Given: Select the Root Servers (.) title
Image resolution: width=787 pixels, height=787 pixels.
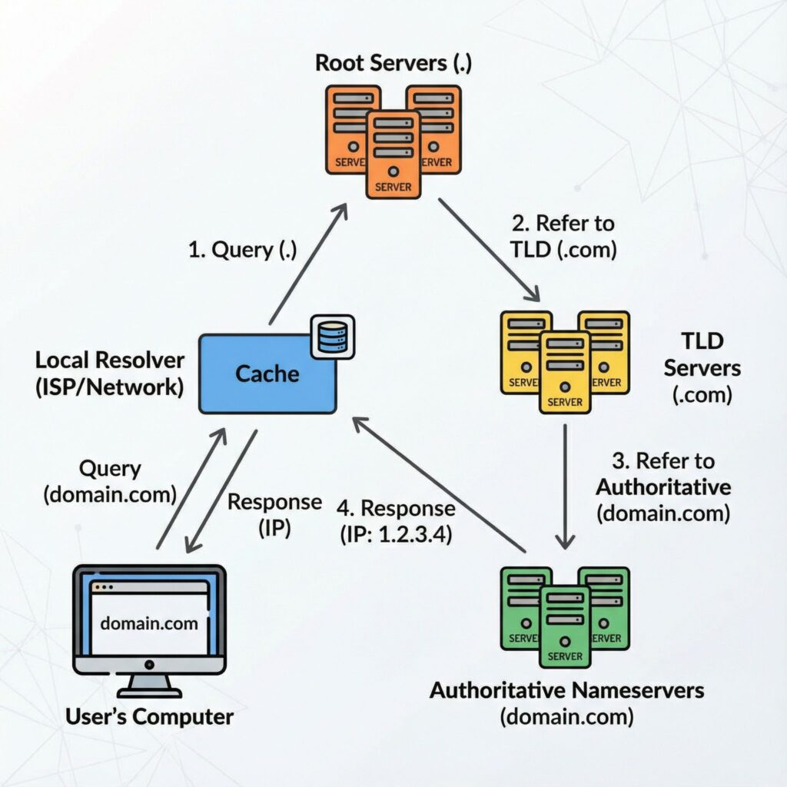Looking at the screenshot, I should (x=393, y=63).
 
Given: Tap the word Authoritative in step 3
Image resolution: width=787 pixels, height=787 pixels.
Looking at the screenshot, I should (x=663, y=487).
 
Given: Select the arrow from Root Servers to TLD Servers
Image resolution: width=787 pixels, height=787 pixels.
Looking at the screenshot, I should (x=488, y=250).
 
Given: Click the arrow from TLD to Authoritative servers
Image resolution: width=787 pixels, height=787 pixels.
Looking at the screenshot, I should (x=566, y=484).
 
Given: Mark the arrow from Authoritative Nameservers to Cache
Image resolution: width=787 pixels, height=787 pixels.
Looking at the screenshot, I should (x=438, y=484).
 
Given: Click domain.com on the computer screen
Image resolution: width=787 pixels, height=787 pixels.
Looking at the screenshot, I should (x=149, y=622).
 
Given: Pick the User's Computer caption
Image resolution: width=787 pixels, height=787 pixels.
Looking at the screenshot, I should (x=149, y=717).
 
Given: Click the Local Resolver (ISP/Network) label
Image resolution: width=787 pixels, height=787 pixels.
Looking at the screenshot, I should (x=109, y=374).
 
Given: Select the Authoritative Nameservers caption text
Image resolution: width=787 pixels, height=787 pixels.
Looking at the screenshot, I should (x=566, y=690).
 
